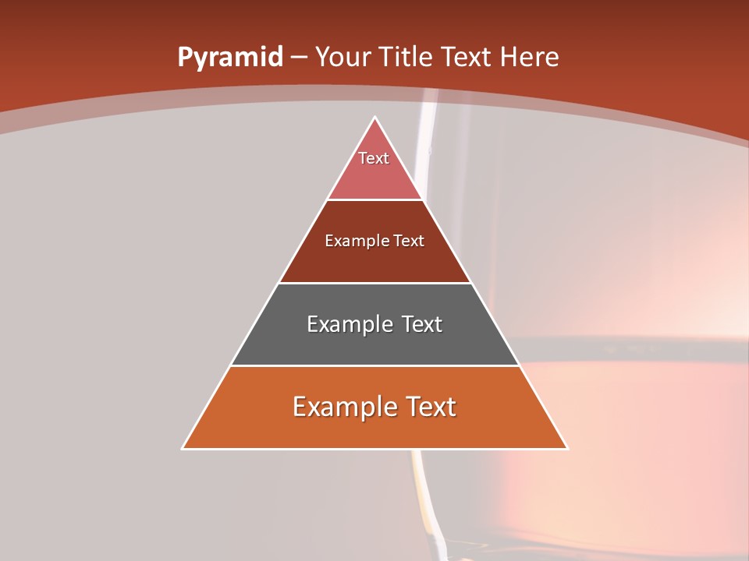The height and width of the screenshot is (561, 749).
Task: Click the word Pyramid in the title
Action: (229, 58)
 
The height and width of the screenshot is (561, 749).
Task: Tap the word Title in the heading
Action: (406, 57)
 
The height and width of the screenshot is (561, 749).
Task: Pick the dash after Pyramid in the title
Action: (298, 58)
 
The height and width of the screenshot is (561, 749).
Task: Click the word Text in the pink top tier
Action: (374, 158)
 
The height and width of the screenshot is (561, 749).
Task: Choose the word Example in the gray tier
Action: (349, 324)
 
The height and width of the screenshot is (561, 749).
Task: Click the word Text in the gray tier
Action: (419, 324)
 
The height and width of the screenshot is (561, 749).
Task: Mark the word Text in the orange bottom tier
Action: (427, 407)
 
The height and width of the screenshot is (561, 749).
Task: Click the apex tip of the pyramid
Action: (375, 118)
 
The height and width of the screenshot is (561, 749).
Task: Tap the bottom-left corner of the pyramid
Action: (183, 448)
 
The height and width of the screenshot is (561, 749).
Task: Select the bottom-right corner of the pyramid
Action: (567, 448)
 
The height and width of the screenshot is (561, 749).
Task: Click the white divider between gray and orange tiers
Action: (375, 365)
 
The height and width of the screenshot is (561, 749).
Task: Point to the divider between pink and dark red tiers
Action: (375, 200)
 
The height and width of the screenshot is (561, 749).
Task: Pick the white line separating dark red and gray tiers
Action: (375, 283)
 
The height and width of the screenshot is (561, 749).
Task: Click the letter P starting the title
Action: (184, 57)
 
